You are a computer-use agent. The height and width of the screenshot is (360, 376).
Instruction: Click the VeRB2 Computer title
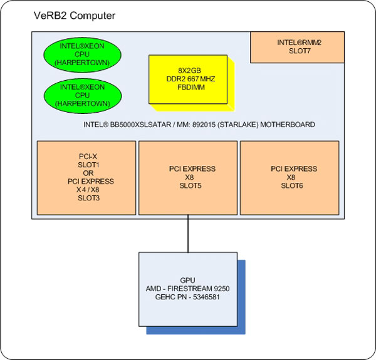point(75,14)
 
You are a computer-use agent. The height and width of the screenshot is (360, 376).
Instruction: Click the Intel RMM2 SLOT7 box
point(298,48)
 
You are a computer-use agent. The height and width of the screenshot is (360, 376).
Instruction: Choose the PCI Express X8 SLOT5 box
point(188,177)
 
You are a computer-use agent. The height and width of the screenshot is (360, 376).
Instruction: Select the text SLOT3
point(86,198)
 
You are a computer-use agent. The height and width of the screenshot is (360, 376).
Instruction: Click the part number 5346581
point(204,296)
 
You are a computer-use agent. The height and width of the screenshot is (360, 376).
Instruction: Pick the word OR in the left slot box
point(86,173)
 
